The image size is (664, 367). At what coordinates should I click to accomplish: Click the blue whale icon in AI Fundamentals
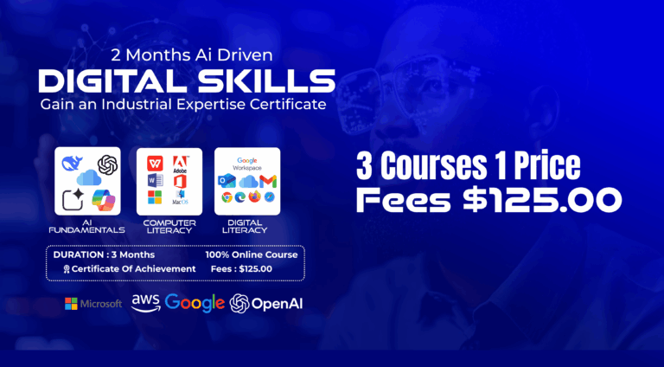[x=72, y=163]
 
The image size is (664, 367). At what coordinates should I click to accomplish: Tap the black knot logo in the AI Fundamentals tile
[x=107, y=164]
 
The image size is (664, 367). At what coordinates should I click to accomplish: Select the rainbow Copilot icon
[x=104, y=200]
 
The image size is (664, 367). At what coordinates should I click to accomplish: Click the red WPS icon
[x=155, y=163]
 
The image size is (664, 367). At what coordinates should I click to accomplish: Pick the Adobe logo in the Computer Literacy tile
[x=181, y=164]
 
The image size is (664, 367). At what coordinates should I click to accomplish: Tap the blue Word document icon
[x=156, y=181]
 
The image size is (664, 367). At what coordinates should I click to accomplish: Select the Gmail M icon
[x=268, y=182]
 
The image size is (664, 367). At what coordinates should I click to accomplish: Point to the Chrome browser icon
[x=227, y=197]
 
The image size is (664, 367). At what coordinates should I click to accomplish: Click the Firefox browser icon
[x=255, y=197]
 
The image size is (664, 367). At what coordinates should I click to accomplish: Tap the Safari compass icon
[x=270, y=197]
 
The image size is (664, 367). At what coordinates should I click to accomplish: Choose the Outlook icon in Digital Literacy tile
[x=227, y=181]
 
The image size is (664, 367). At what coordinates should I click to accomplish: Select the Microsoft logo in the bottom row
[x=93, y=304]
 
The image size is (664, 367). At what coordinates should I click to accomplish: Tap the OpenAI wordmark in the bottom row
[x=277, y=304]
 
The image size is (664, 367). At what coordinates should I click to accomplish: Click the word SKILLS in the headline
[x=266, y=81]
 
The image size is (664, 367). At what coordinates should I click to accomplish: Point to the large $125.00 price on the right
[x=542, y=200]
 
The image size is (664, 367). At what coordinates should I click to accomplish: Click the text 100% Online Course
[x=252, y=254]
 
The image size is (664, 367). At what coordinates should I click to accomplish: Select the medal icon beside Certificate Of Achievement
[x=67, y=269]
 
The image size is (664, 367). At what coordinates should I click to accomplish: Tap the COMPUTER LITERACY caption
[x=169, y=227]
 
